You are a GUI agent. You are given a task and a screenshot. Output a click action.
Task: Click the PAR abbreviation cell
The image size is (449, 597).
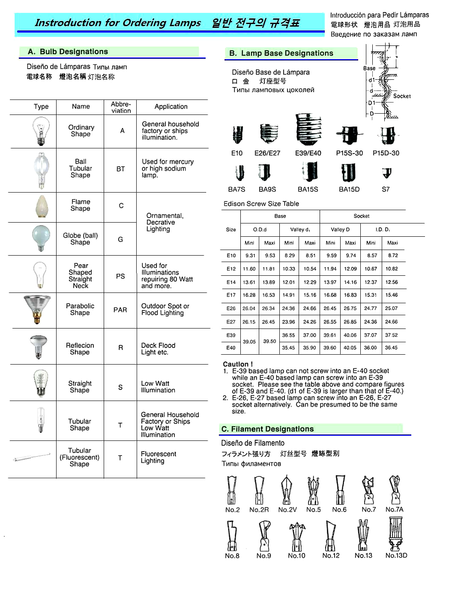coord(120,310)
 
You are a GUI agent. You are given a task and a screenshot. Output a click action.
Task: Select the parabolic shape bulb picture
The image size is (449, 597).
coord(37,309)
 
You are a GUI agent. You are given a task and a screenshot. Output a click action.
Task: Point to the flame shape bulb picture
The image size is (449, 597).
coord(41,207)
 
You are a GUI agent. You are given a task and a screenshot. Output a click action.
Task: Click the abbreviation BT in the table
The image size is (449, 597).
coord(120,169)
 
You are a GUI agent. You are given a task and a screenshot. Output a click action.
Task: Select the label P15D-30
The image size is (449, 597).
coord(386,153)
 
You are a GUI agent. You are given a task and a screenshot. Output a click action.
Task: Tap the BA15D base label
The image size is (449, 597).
coord(349,189)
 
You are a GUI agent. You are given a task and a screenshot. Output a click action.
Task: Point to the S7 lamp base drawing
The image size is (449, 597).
coord(386,173)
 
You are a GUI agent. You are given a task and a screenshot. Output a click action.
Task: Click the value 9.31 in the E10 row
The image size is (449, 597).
coord(250,256)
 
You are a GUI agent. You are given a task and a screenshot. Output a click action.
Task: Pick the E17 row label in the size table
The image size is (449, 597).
coord(231,295)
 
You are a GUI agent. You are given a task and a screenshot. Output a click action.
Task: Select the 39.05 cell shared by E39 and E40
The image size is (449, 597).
coord(249,341)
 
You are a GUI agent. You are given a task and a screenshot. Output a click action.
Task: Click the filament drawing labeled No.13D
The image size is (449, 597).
coord(396,534)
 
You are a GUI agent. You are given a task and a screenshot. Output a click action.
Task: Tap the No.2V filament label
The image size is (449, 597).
coord(287,510)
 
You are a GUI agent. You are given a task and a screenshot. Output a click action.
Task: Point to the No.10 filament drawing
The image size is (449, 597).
coord(296,536)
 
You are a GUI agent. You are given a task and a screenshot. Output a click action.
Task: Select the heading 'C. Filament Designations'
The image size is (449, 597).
coord(267,429)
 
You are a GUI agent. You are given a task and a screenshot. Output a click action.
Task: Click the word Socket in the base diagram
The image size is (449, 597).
coord(401,96)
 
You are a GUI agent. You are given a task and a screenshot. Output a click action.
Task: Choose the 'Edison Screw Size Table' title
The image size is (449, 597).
coord(261,204)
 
